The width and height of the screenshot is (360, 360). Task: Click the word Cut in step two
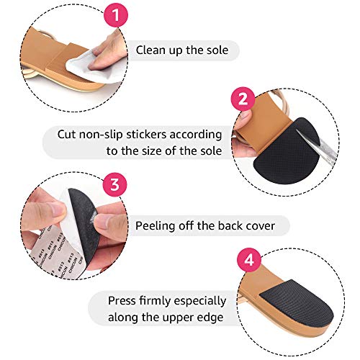click(x=67, y=134)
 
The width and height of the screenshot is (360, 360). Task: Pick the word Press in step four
click(x=125, y=300)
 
